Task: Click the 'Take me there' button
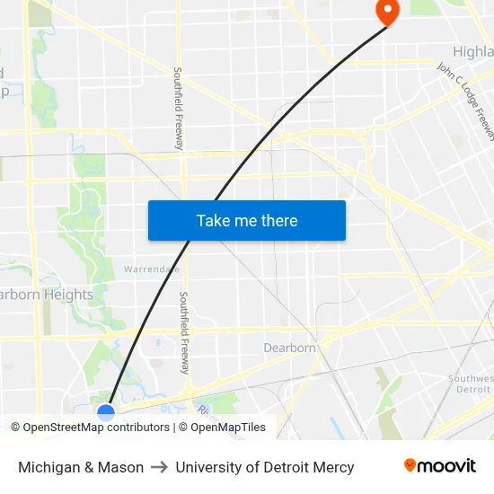pos(247,220)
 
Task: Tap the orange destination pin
pos(387,12)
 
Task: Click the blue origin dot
pos(106,412)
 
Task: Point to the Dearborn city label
pos(289,348)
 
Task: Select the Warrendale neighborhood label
pos(152,269)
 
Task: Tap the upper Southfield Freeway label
pos(179,108)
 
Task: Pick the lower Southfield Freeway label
pos(183,332)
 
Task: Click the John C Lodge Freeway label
pos(465,100)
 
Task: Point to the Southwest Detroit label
pos(471,384)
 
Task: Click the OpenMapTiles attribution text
pos(227,428)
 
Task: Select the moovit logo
pos(439,465)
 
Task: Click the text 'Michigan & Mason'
pos(81,467)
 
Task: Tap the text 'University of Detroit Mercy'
pos(265,467)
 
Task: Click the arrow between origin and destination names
pos(160,467)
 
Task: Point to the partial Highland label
pos(472,52)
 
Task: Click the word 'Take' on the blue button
pos(212,220)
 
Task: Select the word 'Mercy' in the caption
pos(332,467)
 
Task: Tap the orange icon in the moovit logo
pos(410,465)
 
